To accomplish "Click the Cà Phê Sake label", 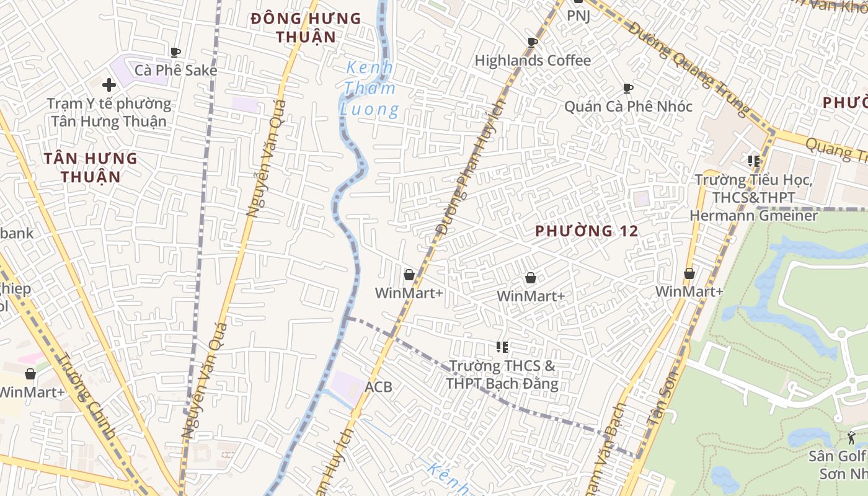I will click(x=176, y=70).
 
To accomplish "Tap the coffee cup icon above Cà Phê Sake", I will click(x=175, y=52).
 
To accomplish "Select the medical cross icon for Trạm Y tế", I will click(x=109, y=84).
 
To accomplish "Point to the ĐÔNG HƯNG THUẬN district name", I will click(x=306, y=27).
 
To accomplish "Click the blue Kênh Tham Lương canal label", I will click(x=370, y=89).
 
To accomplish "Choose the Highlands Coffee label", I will click(x=533, y=60).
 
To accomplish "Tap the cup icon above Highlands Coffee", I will click(x=532, y=42).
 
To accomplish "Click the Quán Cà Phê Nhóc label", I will click(x=628, y=106).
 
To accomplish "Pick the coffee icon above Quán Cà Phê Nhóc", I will click(x=628, y=88).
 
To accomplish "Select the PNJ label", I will click(x=578, y=15).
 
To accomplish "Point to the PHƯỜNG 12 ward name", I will click(x=587, y=231).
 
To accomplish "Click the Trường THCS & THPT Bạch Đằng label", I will click(x=502, y=374).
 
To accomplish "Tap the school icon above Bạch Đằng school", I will click(x=502, y=347).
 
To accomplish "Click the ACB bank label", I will click(x=378, y=387).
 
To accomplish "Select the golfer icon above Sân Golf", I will click(x=851, y=437).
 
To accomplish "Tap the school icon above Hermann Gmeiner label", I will click(x=754, y=161).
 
